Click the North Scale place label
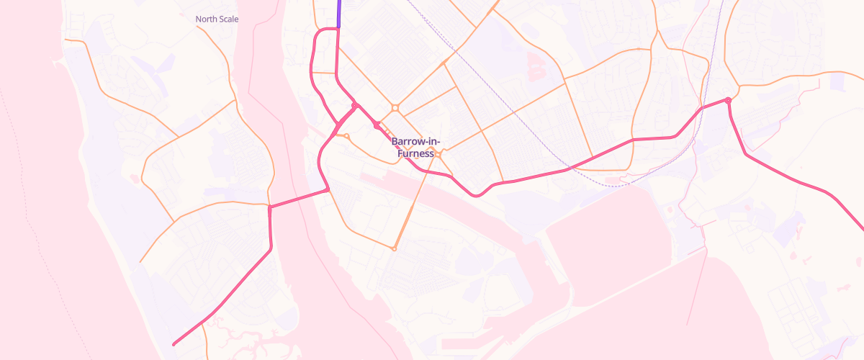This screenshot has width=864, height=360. pos(217,19)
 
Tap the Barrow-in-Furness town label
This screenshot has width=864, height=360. pos(415,148)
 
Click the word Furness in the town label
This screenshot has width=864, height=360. pos(413,153)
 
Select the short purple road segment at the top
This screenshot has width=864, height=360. pos(338,13)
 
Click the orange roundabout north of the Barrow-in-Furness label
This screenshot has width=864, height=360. pos(395,108)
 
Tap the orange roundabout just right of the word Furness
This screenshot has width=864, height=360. pos(438,153)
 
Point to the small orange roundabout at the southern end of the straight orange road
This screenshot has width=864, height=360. pos(394,249)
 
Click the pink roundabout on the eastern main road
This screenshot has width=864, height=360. pos(728,100)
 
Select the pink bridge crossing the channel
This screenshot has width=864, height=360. pos(299,198)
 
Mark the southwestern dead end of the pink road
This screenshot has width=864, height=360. pos(174,344)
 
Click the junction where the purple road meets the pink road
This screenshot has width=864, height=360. pos(338,29)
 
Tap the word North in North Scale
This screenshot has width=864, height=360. pos(207,19)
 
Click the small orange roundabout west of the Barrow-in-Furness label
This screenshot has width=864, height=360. pos(347,135)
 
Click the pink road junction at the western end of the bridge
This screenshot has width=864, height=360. pos(270,207)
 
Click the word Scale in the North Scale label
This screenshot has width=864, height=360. pos(228,19)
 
